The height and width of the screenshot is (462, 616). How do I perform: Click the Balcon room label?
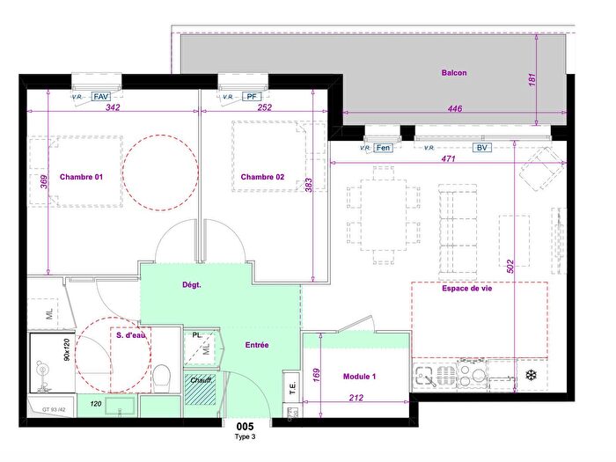pyautogui.click(x=454, y=73)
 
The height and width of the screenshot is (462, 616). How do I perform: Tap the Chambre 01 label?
pyautogui.click(x=81, y=177)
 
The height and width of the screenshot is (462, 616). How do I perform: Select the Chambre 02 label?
pyautogui.click(x=262, y=177)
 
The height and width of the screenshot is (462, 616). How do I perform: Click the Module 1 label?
pyautogui.click(x=360, y=377)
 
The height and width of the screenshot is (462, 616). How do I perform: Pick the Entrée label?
pyautogui.click(x=257, y=345)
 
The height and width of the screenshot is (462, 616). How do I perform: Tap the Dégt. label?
pyautogui.click(x=192, y=285)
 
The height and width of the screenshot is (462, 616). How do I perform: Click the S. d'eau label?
pyautogui.click(x=131, y=334)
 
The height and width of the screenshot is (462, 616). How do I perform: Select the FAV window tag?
pyautogui.click(x=101, y=97)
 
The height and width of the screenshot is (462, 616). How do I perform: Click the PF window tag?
pyautogui.click(x=251, y=97)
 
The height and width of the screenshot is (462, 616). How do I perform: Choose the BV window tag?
pyautogui.click(x=481, y=148)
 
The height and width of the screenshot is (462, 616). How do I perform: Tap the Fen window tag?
pyautogui.click(x=383, y=148)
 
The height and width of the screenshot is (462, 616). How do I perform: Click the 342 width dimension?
pyautogui.click(x=112, y=108)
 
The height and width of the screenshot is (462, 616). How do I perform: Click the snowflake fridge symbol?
pyautogui.click(x=531, y=376)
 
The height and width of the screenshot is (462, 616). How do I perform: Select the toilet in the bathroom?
pyautogui.click(x=161, y=378)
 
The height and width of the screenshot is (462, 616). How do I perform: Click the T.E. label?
pyautogui.click(x=290, y=385)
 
